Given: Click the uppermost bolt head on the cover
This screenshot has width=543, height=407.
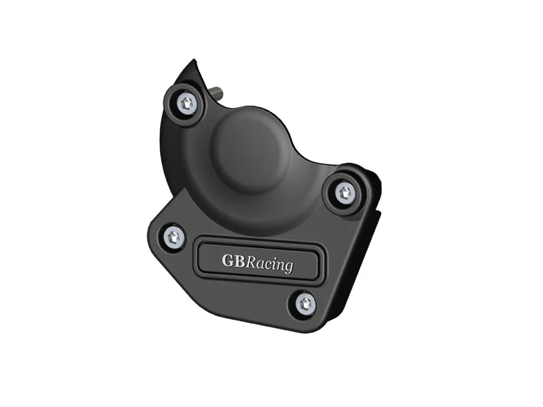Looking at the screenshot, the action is tap(187, 103).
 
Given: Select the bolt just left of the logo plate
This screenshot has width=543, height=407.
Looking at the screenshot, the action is tap(174, 238).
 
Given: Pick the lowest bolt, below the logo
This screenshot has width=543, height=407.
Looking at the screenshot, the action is tap(306, 303).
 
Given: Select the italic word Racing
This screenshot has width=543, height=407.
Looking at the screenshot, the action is tap(269, 264).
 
